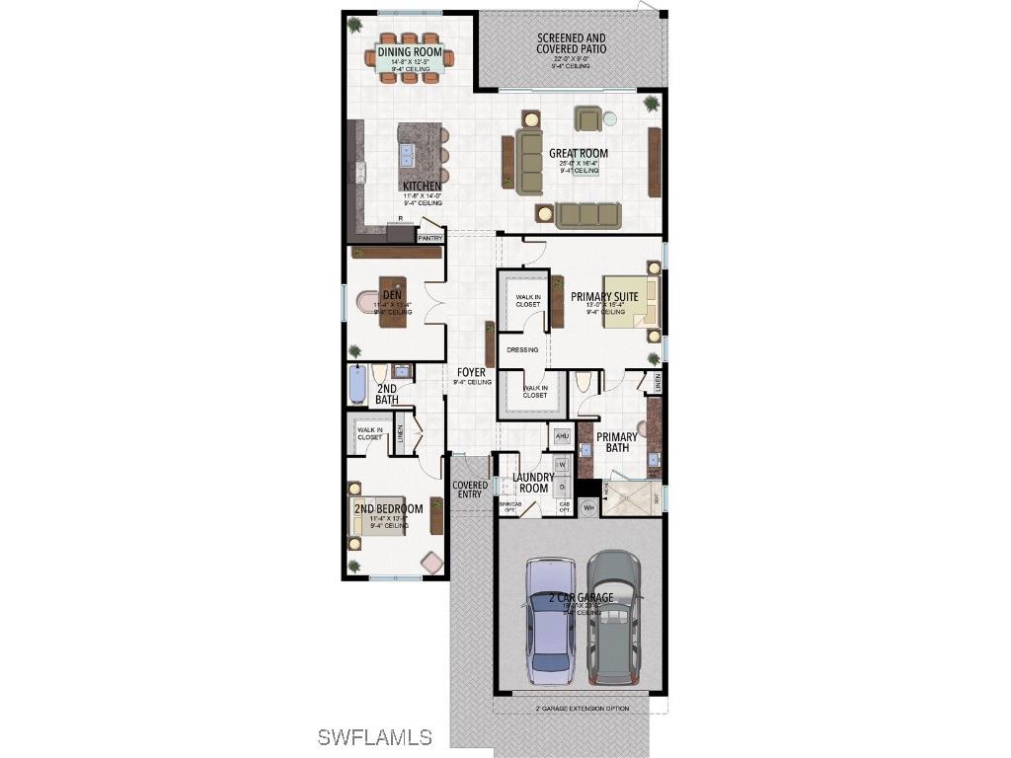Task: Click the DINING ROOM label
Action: [x=410, y=51]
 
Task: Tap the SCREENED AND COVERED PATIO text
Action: [x=572, y=43]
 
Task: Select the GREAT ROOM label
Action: [x=579, y=154]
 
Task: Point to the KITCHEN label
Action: [x=422, y=186]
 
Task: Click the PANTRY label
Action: [x=430, y=238]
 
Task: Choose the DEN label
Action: [x=393, y=294]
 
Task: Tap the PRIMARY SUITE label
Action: [x=603, y=296]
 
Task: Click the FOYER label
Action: [x=471, y=372]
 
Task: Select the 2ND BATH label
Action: [x=387, y=394]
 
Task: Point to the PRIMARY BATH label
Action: [x=617, y=442]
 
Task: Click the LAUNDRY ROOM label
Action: [x=533, y=483]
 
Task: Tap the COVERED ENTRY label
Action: [x=470, y=490]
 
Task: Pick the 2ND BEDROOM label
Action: [x=388, y=509]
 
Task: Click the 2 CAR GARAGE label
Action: [x=582, y=598]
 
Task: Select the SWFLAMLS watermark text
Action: [x=375, y=736]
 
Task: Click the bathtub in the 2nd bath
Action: [x=357, y=385]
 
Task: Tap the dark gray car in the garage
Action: [x=613, y=616]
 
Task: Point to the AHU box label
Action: [x=562, y=435]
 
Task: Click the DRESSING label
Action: [x=522, y=349]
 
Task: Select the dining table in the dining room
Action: [x=411, y=59]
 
